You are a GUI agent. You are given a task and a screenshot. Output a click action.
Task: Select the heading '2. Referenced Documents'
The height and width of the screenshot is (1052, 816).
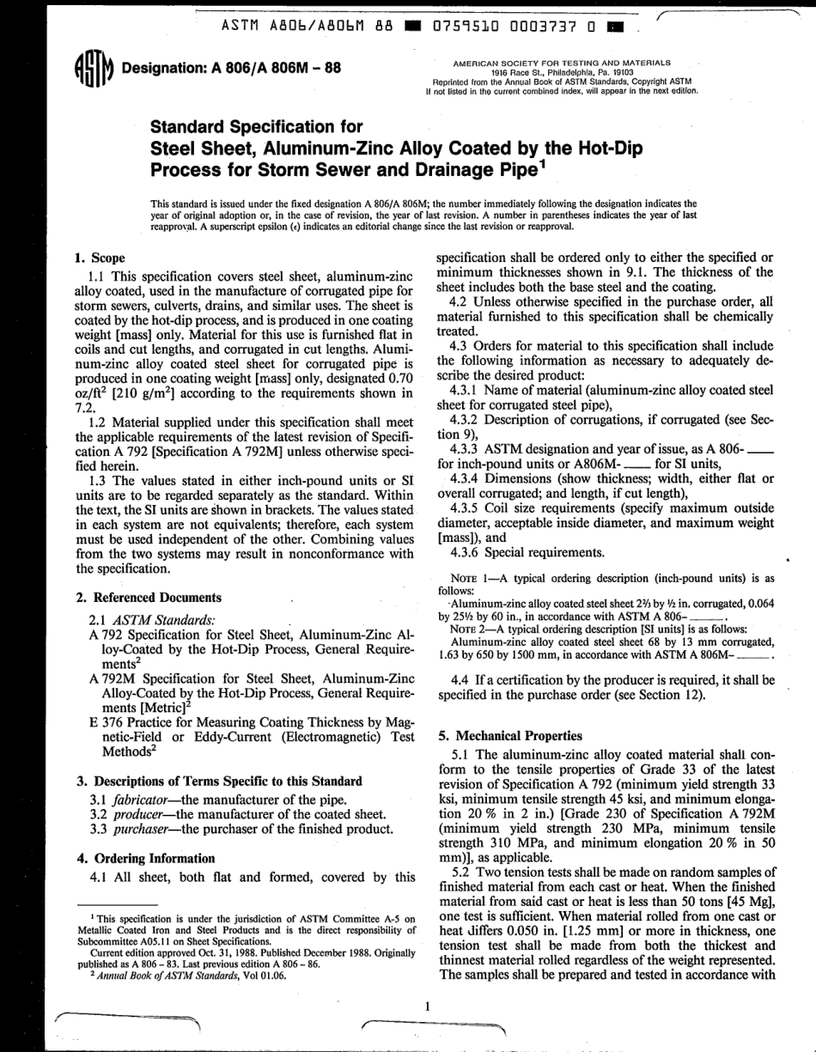click(x=149, y=597)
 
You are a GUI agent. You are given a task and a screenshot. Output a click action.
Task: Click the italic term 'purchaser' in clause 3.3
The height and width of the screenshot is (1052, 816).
click(x=142, y=829)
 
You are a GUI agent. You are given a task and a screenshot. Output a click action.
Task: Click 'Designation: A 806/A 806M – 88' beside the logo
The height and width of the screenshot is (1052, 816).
click(x=226, y=69)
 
